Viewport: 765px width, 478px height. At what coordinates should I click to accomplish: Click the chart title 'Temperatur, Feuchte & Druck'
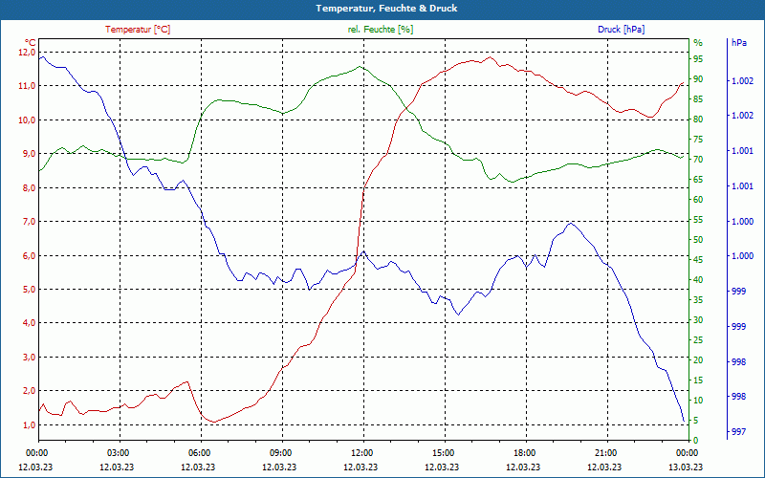coord(382,9)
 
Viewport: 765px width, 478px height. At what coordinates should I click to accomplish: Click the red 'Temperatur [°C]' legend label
coord(138,30)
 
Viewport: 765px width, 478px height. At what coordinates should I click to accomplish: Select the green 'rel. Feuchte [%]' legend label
coord(381,30)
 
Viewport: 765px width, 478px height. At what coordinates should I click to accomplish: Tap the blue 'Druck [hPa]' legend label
coord(621,30)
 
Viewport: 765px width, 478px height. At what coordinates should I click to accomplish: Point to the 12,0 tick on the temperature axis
coord(26,52)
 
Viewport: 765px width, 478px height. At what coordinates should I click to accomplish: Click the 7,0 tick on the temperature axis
coord(26,222)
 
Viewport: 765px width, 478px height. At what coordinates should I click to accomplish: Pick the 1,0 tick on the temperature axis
coord(26,425)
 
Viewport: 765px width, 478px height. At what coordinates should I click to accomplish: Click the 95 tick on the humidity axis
coord(698,58)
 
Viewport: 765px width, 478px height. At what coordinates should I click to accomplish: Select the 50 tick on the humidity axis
coord(698,240)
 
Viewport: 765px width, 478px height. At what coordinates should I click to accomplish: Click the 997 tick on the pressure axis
coord(738,433)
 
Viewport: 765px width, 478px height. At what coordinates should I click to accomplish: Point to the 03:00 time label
coord(118,453)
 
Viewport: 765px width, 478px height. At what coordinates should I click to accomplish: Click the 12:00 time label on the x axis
coord(361,453)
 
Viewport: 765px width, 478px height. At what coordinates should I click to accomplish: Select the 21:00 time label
coord(605,453)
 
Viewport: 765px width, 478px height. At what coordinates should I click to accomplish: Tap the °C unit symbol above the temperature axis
coord(31,43)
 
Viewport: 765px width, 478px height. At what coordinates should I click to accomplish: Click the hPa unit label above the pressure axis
coord(738,43)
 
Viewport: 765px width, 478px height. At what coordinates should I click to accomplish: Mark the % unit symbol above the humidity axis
coord(697,43)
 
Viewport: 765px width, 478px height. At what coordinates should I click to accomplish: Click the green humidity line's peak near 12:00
coord(360,66)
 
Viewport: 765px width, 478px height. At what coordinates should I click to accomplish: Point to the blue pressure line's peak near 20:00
coord(571,223)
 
